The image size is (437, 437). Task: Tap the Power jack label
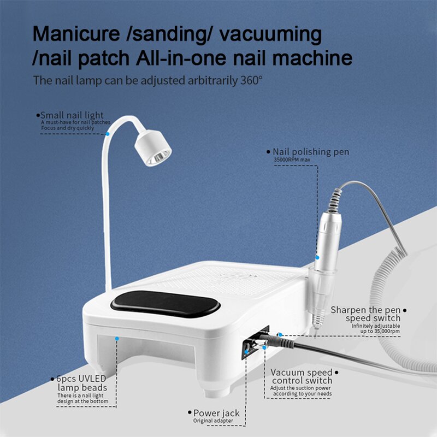point(216,413)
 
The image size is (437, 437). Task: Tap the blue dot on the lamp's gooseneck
point(109,133)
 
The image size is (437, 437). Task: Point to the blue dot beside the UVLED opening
point(116,339)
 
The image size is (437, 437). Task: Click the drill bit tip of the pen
point(316,328)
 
